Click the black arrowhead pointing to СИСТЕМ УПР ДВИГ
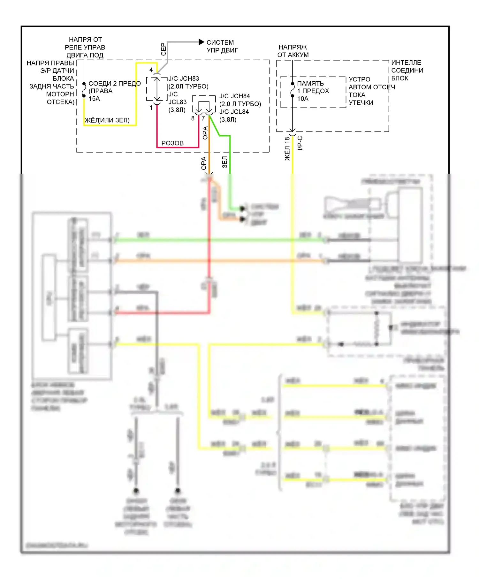(x=201, y=42)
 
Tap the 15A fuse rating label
(x=94, y=99)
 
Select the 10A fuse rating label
(x=303, y=99)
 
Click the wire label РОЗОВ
(x=172, y=143)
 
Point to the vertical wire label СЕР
(x=163, y=49)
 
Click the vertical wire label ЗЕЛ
(x=225, y=162)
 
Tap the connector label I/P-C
(x=300, y=143)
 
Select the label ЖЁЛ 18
(x=287, y=148)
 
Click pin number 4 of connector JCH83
(x=151, y=70)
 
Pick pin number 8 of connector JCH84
(x=193, y=118)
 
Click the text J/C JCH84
(x=234, y=96)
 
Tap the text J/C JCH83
(x=184, y=79)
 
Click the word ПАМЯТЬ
(x=310, y=83)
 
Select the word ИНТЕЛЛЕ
(x=406, y=63)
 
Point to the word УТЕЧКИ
(x=361, y=103)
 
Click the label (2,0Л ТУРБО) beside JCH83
(x=188, y=86)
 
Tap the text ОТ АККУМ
(x=293, y=55)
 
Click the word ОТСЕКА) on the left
(x=60, y=102)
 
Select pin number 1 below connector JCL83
(x=151, y=108)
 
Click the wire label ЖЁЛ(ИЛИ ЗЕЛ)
(x=107, y=120)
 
